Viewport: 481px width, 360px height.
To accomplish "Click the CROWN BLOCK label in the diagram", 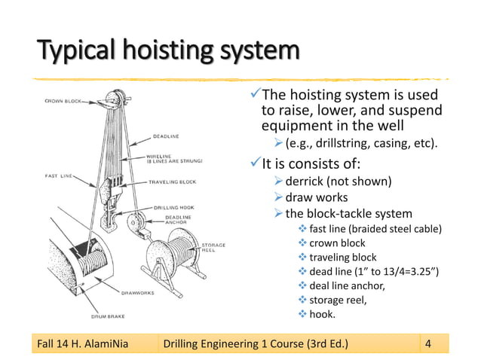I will pyautogui.click(x=63, y=100).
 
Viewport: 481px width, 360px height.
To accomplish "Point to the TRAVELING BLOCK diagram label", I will pyautogui.click(x=173, y=182).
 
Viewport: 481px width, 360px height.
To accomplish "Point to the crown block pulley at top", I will pyautogui.click(x=115, y=100).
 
